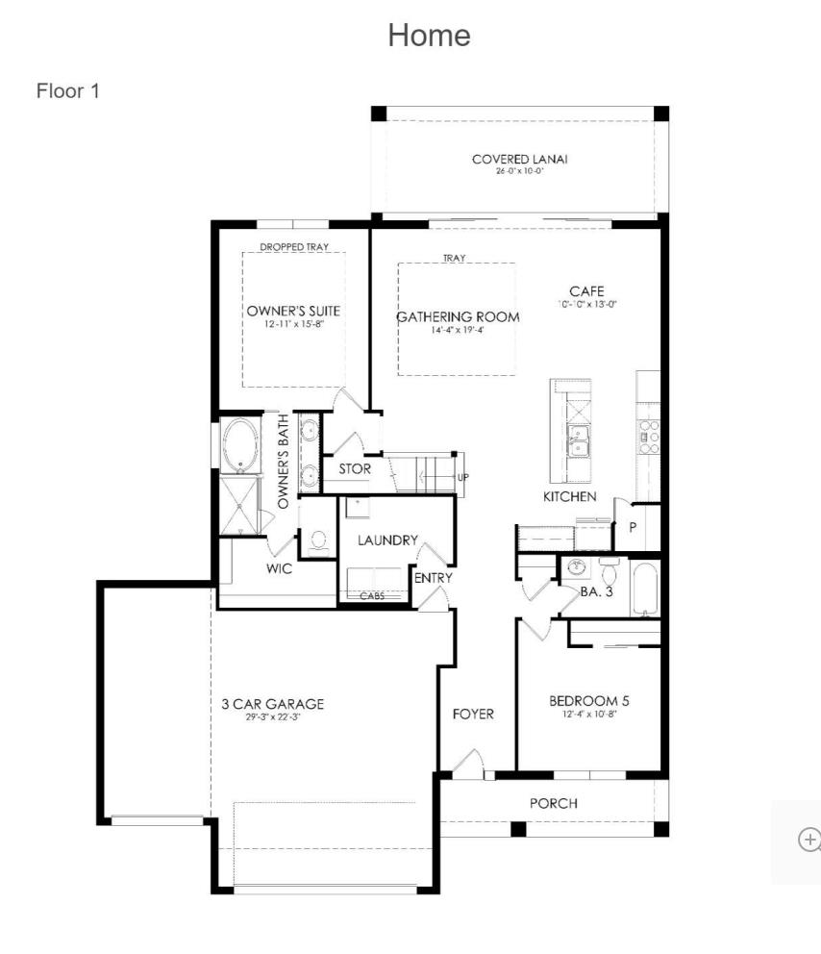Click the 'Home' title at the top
click(x=429, y=36)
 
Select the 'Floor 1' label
click(x=68, y=91)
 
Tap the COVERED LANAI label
click(x=519, y=160)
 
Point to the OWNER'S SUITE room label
click(x=293, y=312)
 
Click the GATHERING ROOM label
click(x=458, y=317)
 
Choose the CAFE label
click(x=586, y=291)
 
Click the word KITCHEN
click(x=570, y=497)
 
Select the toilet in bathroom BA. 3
click(x=610, y=566)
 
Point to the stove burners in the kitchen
click(x=650, y=437)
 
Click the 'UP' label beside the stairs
click(x=463, y=477)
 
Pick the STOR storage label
click(x=354, y=469)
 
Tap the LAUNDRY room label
click(x=387, y=540)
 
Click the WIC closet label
click(x=279, y=568)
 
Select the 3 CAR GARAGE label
click(x=272, y=704)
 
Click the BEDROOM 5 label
click(x=589, y=701)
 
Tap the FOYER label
click(x=473, y=714)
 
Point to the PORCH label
click(x=554, y=803)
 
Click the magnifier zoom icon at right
click(x=809, y=840)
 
